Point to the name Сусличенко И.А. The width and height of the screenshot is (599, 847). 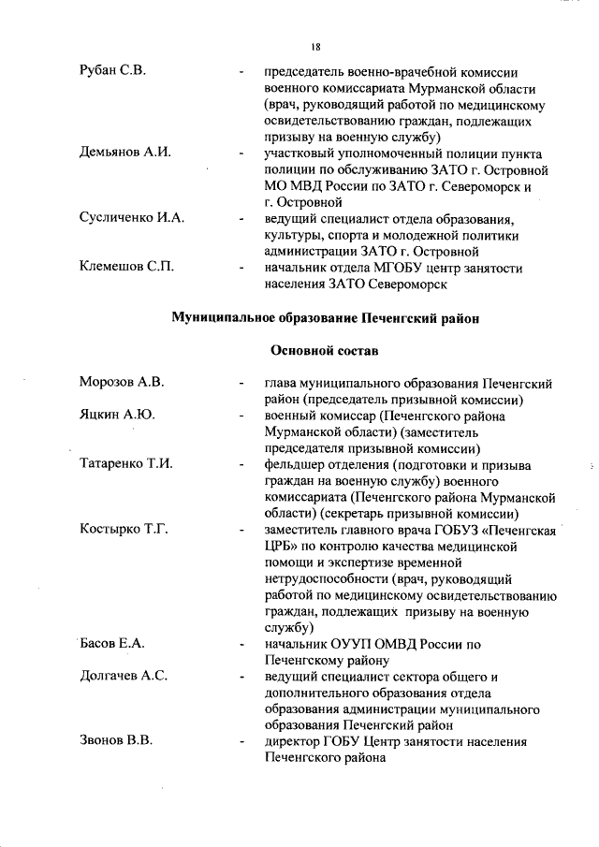[x=131, y=218]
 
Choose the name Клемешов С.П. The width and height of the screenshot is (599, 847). [x=126, y=267]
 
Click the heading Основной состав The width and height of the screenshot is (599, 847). [x=324, y=350]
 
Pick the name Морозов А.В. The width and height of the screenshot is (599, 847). [x=122, y=383]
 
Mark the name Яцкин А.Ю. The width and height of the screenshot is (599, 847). [x=117, y=416]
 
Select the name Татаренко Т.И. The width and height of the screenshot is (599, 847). [x=126, y=464]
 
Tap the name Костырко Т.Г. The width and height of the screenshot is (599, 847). [x=124, y=530]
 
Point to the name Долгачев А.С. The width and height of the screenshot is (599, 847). [x=124, y=677]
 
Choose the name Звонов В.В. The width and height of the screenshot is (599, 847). [x=116, y=741]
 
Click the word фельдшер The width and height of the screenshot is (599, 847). [x=298, y=464]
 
